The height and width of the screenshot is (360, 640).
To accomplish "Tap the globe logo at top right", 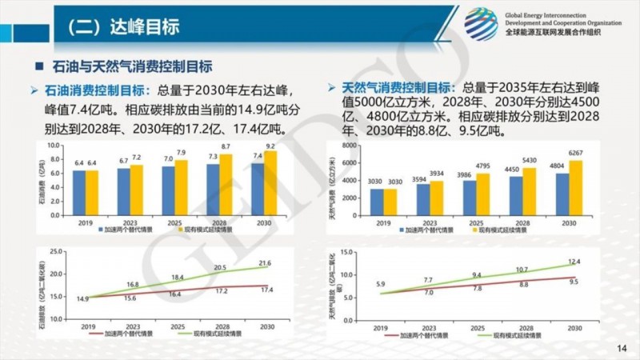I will (x=482, y=23).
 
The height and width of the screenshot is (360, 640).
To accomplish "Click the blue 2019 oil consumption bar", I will (x=79, y=193).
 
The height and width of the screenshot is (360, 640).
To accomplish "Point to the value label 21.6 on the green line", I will (x=265, y=263).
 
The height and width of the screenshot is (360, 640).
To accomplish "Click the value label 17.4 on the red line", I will (x=265, y=290).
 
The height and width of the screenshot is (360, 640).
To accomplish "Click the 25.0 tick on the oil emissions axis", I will (x=55, y=252).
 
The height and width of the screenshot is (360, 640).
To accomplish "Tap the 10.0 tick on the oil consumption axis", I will (x=55, y=146).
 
